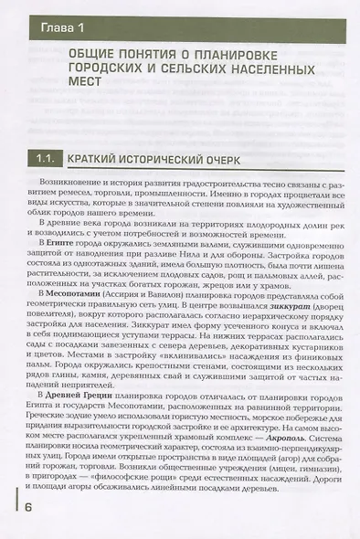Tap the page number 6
coord(30,508)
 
